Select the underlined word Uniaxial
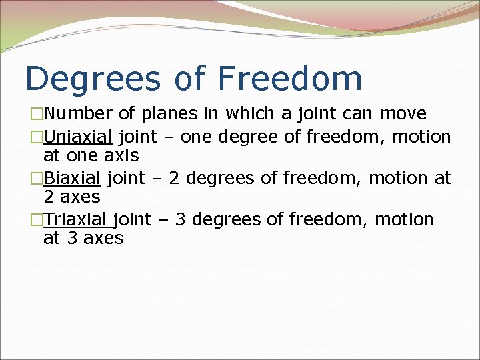coord(77,137)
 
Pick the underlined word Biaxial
coord(71,179)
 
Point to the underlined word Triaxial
coord(75,220)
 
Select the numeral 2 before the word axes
coord(49,197)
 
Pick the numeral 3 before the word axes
coord(72,239)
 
